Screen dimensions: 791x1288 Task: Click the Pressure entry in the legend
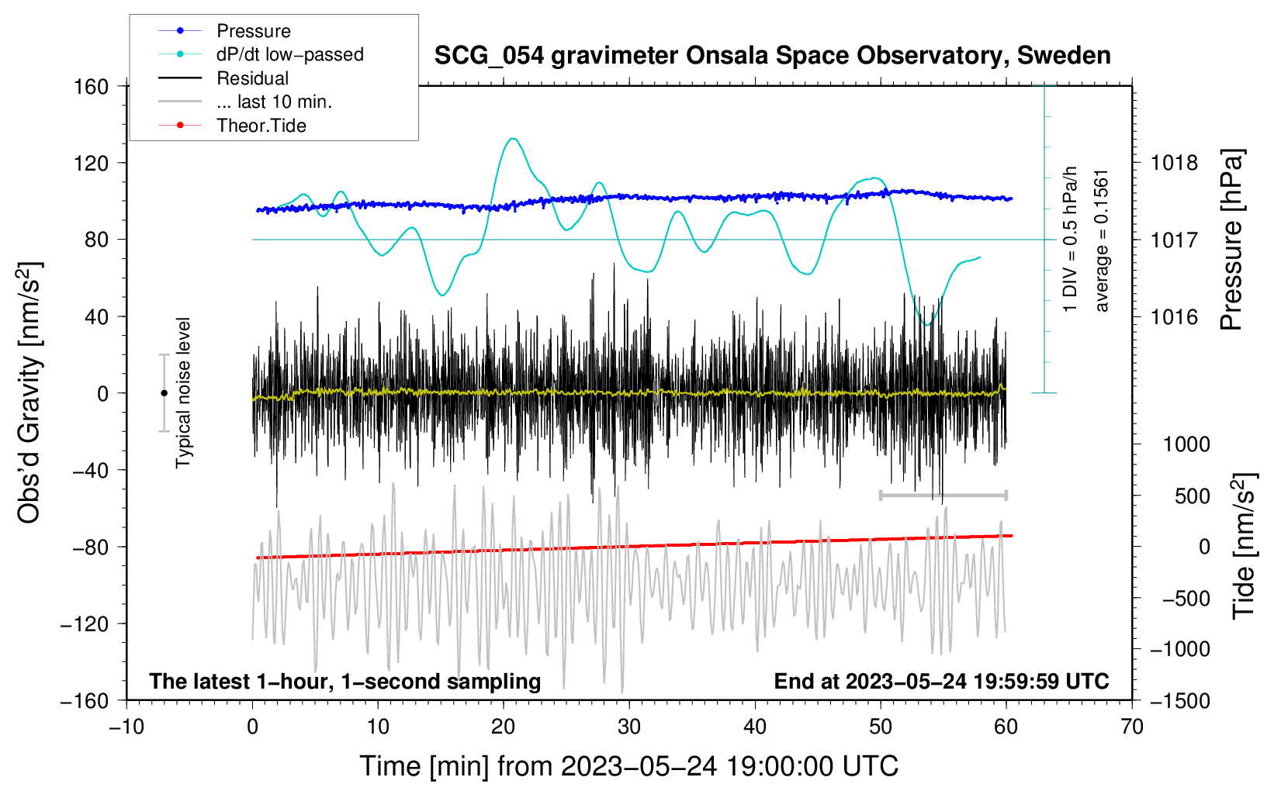coord(253,31)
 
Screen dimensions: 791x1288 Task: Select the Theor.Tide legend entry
coord(261,126)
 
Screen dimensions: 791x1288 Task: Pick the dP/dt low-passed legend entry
coord(289,54)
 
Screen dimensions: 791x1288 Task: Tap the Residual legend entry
coord(252,78)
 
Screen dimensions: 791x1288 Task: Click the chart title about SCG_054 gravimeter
coord(772,56)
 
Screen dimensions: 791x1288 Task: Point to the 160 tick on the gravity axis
coord(92,86)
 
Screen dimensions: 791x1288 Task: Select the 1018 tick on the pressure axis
coord(1174,163)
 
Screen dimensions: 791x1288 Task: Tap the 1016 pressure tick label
coord(1174,316)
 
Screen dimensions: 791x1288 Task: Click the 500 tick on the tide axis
coord(1192,496)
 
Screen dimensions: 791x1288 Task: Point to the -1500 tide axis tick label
coord(1179,700)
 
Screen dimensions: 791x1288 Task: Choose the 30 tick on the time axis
coord(629,727)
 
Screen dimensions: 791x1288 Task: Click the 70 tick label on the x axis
coord(1132,727)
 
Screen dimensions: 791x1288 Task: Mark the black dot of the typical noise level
coord(164,393)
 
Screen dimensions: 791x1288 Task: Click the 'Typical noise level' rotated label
coord(183,393)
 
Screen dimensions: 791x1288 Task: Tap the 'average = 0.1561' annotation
coord(1102,240)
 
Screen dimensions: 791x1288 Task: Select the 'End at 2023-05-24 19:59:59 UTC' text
coord(941,681)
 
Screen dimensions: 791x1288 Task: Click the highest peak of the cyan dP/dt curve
coord(512,139)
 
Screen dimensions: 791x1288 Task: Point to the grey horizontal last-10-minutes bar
coord(943,495)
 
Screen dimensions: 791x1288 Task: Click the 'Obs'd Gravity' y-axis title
coord(29,393)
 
